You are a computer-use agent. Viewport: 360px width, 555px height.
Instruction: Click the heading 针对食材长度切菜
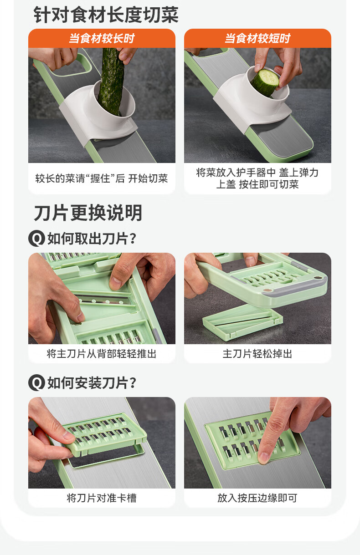106,15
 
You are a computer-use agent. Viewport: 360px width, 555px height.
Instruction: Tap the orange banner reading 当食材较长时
102,38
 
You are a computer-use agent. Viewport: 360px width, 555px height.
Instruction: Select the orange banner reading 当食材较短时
257,38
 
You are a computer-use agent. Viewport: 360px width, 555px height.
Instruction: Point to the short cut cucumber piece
265,82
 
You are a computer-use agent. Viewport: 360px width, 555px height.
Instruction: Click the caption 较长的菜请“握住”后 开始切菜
102,178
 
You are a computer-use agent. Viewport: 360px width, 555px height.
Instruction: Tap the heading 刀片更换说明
88,213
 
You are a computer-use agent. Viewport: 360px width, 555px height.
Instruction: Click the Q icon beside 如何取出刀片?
37,239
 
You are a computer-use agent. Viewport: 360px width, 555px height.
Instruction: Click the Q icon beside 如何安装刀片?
37,382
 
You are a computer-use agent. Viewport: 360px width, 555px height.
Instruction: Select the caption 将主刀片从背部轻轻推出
102,354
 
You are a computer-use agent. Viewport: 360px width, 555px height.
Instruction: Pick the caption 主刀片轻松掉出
257,354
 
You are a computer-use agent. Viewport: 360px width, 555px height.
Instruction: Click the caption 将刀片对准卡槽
102,498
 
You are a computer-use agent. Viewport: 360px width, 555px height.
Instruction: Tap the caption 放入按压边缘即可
257,498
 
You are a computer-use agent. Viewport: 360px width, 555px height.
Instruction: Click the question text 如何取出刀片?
92,239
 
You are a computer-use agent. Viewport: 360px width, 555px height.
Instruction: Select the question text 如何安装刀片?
92,383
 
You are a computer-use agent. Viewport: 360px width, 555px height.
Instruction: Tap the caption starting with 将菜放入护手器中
257,178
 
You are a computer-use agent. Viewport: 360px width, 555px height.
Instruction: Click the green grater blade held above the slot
104,433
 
